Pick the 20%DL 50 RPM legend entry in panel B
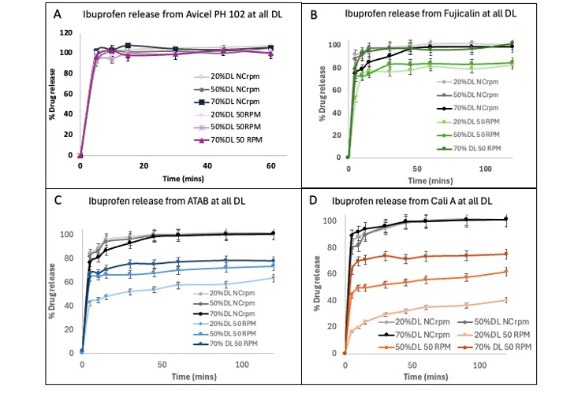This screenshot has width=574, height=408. [480, 122]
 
